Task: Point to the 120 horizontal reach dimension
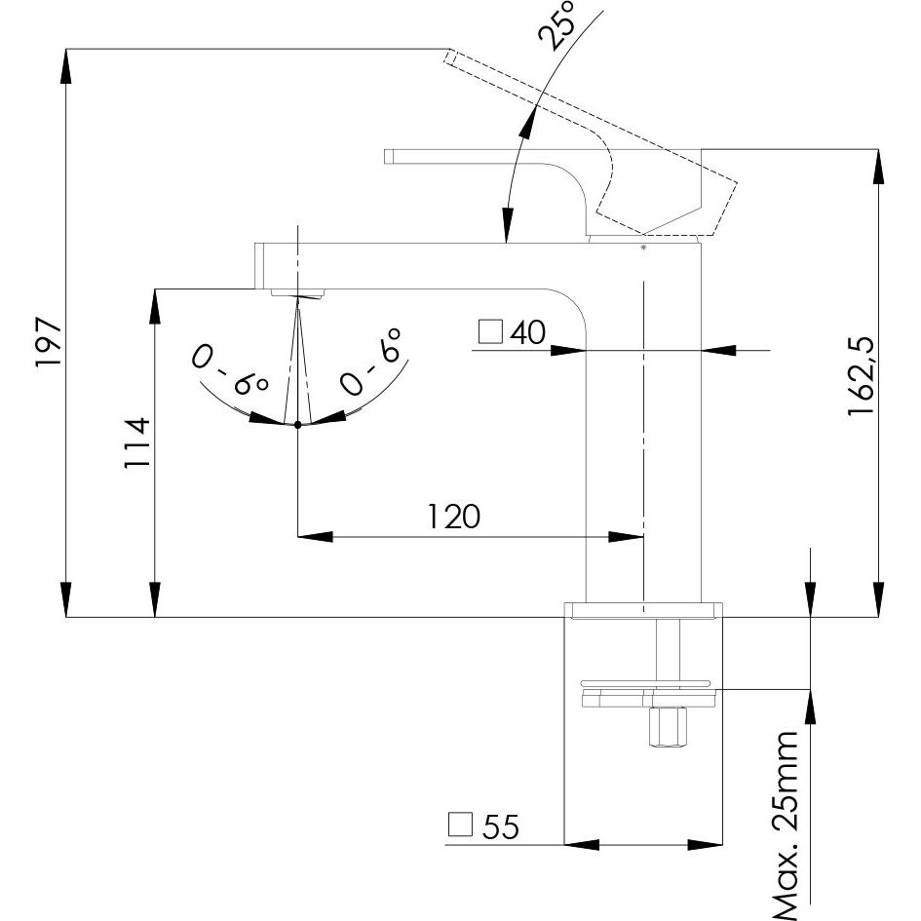click(x=453, y=516)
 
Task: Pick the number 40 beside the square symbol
click(x=526, y=333)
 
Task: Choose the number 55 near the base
click(x=501, y=827)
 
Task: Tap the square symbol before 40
click(x=490, y=332)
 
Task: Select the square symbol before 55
click(x=461, y=825)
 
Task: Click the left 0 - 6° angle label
click(x=230, y=369)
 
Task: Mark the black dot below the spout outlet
click(x=297, y=424)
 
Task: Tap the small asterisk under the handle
click(x=643, y=249)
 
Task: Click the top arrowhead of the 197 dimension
click(x=66, y=64)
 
